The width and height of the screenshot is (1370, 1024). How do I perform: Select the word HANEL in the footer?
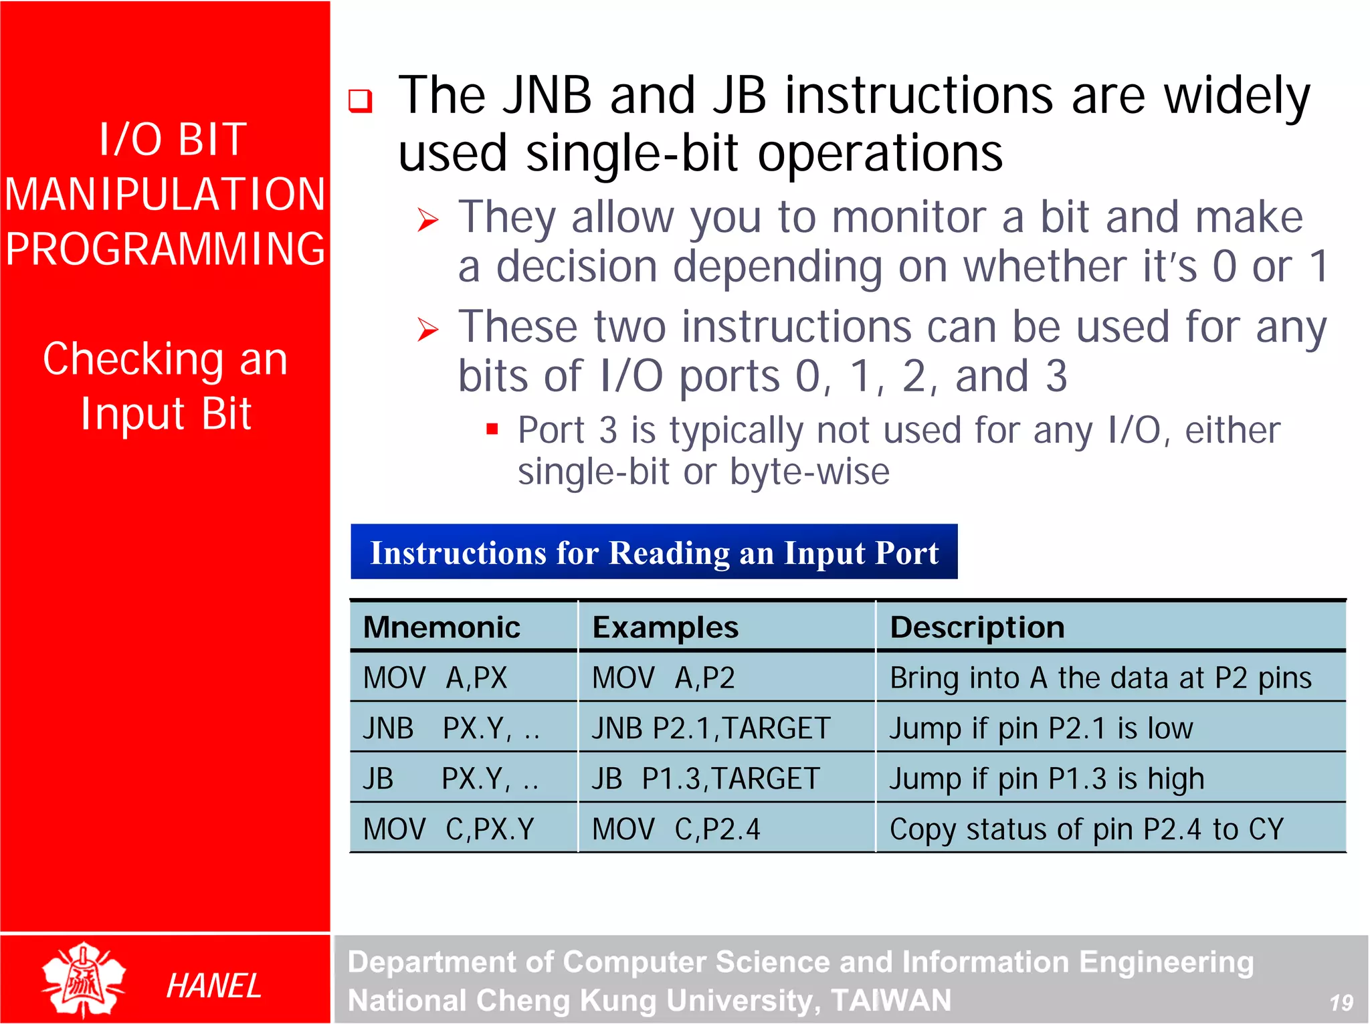pos(213,986)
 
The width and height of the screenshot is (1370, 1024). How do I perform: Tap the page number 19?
pos(1341,1002)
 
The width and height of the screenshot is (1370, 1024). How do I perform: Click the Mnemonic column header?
pos(442,627)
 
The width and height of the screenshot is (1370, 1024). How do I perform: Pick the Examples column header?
pos(665,627)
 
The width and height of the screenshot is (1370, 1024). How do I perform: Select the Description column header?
pos(977,627)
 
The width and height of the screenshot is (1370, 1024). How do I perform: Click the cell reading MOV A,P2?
pos(663,678)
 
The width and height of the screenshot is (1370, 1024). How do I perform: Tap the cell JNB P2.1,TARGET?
pos(710,728)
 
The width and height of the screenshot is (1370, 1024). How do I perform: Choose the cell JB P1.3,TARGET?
pos(705,779)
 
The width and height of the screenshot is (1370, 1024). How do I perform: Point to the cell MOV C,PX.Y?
pos(448,829)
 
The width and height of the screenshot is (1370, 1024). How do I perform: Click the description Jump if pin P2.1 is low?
pos(1041,728)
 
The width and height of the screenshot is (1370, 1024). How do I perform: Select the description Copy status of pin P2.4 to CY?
pos(1086,829)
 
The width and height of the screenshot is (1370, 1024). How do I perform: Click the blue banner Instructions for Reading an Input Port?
pos(654,552)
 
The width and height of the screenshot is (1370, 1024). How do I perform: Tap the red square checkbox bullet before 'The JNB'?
pos(360,100)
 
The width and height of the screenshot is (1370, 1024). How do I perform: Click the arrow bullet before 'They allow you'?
pos(427,219)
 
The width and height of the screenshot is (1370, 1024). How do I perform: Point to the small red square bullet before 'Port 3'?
pos(492,429)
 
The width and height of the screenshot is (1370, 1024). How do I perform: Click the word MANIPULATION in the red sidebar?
pos(165,195)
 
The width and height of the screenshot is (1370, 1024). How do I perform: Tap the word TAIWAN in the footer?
pos(890,1001)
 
